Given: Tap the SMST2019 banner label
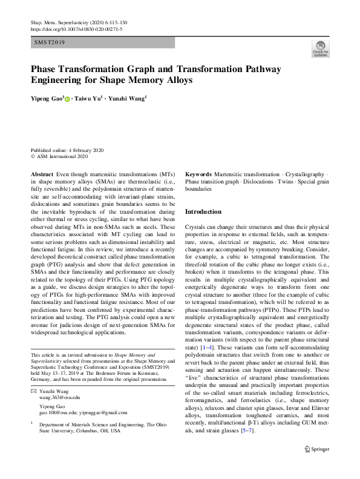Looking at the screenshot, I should [x=50, y=43].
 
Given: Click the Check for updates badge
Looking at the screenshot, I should [x=320, y=49].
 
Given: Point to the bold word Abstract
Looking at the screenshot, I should [x=41, y=174].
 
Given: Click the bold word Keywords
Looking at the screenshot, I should [x=198, y=174].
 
